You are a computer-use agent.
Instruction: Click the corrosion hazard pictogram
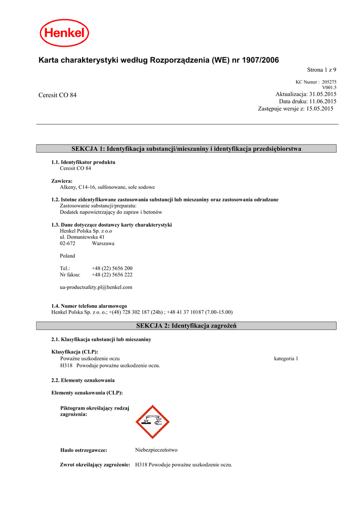(x=153, y=422)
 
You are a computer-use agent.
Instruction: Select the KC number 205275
(x=329, y=82)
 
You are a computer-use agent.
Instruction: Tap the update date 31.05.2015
(x=323, y=94)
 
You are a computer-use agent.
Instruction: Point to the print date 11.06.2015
(x=323, y=101)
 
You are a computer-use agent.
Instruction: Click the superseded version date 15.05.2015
(x=320, y=108)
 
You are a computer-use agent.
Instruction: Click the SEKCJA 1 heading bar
(x=186, y=149)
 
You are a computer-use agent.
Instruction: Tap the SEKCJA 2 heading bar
(x=186, y=326)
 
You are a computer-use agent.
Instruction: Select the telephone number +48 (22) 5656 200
(x=112, y=268)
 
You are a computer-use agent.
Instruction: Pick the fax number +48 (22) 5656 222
(x=112, y=274)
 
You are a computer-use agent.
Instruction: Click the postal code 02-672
(x=68, y=244)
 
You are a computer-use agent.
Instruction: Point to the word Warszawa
(x=103, y=244)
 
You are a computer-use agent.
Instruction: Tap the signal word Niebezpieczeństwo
(x=156, y=449)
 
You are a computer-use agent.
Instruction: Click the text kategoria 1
(x=286, y=358)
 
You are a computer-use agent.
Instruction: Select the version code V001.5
(x=329, y=87)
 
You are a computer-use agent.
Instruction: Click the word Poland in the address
(x=67, y=256)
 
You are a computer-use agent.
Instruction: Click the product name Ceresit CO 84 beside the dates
(x=58, y=95)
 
